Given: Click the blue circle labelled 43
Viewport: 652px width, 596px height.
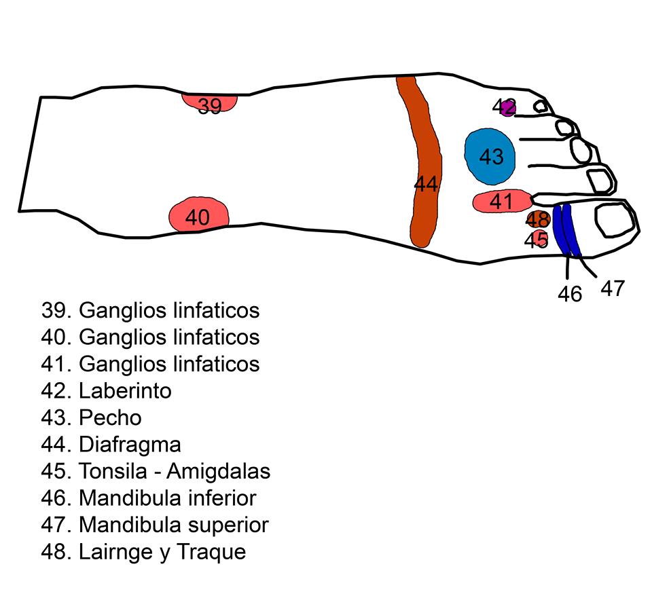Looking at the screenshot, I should coord(490,156).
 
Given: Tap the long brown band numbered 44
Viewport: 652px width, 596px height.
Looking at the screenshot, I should coord(426,163).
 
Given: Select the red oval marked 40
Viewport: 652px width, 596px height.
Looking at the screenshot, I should coord(198,217).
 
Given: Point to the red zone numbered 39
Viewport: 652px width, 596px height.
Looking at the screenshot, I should coord(210,103).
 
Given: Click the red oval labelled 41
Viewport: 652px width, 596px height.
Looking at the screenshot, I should coord(501,202).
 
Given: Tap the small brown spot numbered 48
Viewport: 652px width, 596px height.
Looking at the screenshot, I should coord(537,219).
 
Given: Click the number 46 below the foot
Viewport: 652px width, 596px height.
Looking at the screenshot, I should coord(570,294).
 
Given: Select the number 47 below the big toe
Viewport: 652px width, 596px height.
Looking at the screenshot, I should coord(612,288).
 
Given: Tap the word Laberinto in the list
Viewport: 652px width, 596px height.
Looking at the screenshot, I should coord(125,391).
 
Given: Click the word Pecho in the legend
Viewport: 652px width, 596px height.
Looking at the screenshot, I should coord(110,417).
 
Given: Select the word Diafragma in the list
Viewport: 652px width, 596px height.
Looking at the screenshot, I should coord(130,445).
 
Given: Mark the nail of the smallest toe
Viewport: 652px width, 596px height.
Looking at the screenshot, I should coord(541,106).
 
